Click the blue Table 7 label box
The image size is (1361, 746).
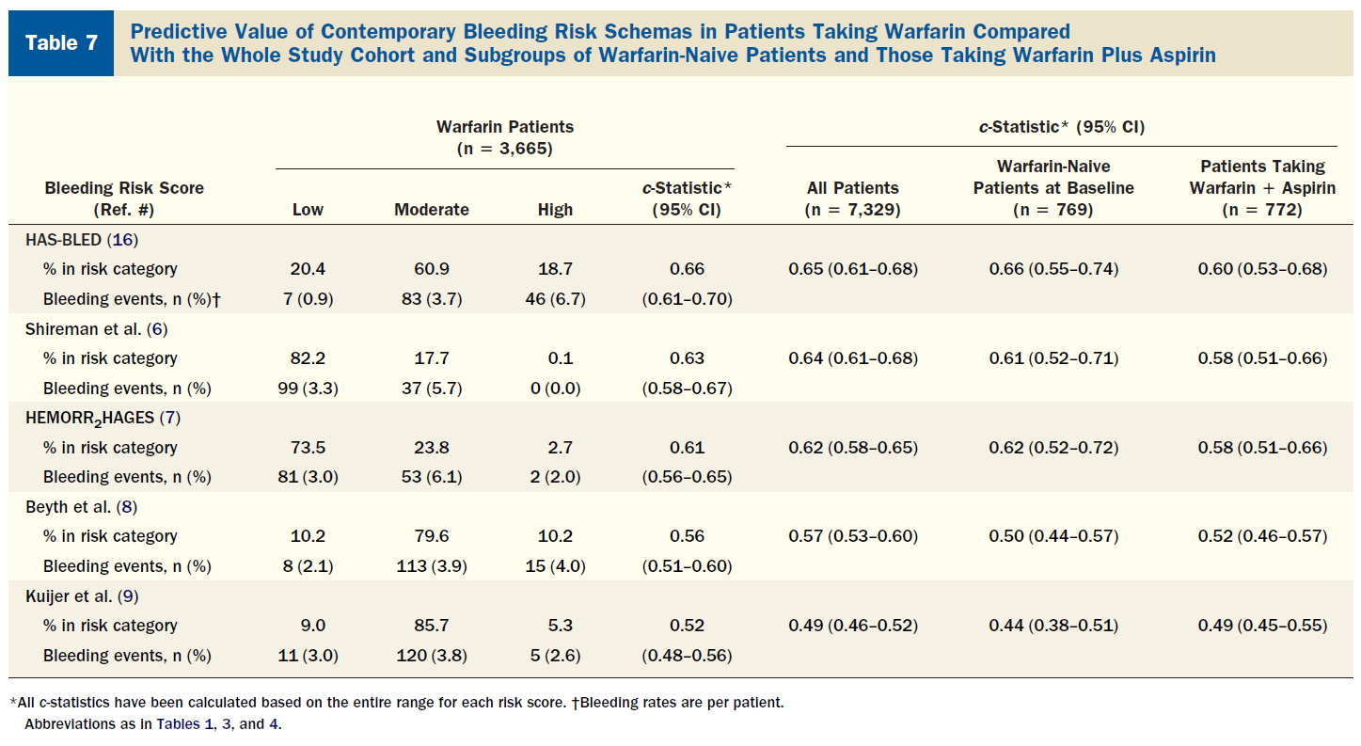pos(61,43)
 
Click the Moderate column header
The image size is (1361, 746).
pos(432,210)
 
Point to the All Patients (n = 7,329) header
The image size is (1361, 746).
pos(852,198)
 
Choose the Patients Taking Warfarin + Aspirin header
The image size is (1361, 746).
pos(1262,187)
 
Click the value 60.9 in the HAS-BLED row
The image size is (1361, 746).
pos(432,269)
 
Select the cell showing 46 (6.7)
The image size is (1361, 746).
pos(555,299)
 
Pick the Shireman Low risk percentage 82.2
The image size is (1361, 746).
pos(308,358)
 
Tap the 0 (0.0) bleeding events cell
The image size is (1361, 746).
pos(555,389)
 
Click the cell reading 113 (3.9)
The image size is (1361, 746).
pos(432,566)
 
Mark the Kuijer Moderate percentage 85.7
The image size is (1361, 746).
pos(432,626)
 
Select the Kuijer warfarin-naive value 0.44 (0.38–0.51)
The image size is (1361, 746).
pos(1053,626)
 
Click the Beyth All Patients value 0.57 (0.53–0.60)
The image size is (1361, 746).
pos(852,536)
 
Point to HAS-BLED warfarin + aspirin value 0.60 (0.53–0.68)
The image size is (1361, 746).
pos(1262,269)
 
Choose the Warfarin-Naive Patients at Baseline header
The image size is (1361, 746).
pos(1053,187)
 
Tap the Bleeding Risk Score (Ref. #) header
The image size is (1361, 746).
pos(124,198)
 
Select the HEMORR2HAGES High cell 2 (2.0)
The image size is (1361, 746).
pos(555,477)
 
